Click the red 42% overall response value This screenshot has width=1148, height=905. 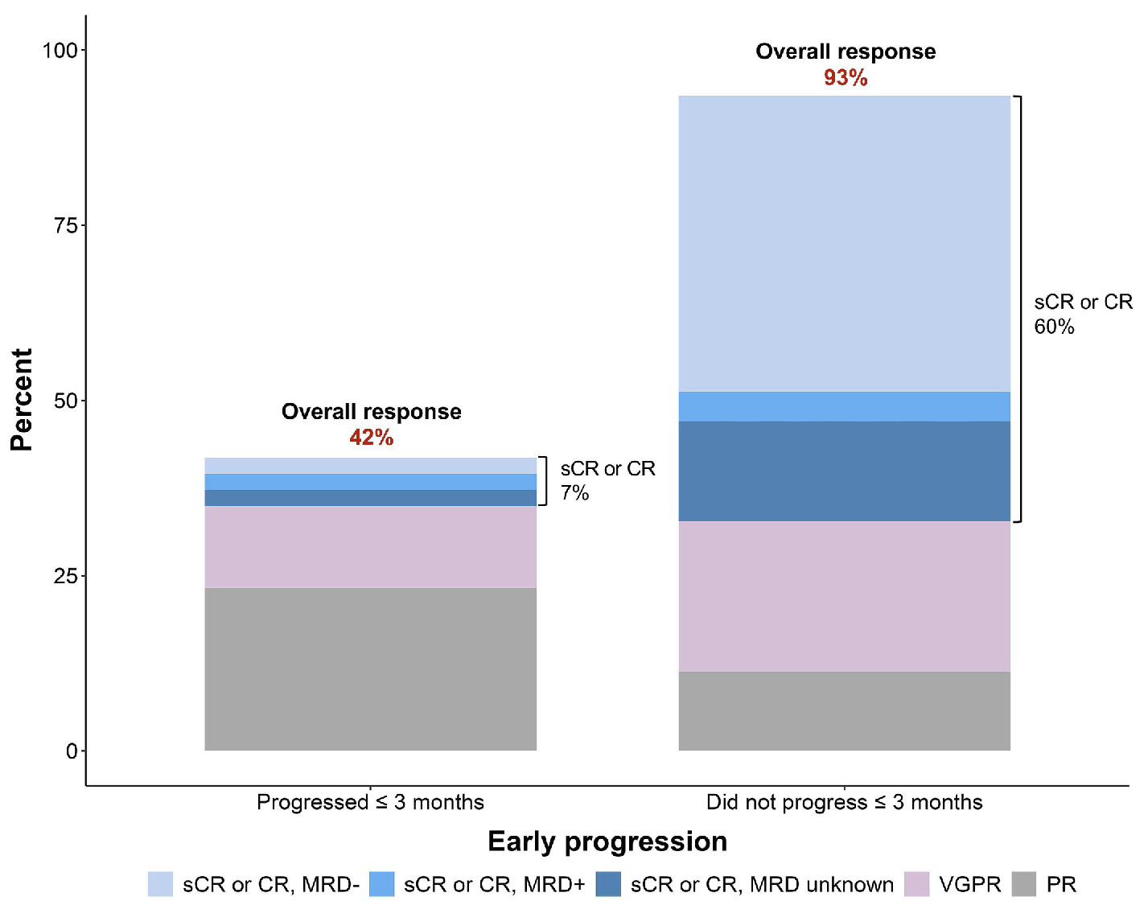click(x=371, y=438)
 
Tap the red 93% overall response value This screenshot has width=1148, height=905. click(x=845, y=78)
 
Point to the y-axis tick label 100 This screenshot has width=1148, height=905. click(x=60, y=51)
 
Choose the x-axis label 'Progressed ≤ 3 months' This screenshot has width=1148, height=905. click(x=370, y=802)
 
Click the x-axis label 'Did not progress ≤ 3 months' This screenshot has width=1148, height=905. click(x=844, y=802)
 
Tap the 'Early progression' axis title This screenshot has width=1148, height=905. click(x=607, y=841)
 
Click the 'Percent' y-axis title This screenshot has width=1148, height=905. click(x=22, y=400)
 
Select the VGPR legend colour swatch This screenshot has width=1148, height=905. click(x=916, y=884)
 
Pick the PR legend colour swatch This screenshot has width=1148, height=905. click(x=1024, y=884)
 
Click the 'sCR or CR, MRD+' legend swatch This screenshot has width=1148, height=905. click(x=382, y=884)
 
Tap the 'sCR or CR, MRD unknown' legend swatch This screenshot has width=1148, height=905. click(x=608, y=884)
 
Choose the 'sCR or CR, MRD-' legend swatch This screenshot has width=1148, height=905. click(x=160, y=884)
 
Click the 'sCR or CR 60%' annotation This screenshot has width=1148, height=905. click(x=1082, y=314)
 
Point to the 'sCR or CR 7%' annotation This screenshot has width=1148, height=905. click(x=607, y=480)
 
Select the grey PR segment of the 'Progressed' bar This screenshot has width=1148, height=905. click(x=370, y=668)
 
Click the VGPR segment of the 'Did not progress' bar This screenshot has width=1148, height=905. click(x=844, y=596)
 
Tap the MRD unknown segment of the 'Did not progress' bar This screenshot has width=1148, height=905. click(x=844, y=471)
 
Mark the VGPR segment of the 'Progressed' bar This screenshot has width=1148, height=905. click(x=370, y=547)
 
